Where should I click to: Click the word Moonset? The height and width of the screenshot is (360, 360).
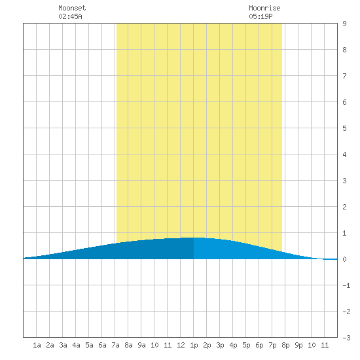click(x=72, y=8)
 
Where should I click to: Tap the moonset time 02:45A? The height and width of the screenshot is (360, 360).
click(x=70, y=16)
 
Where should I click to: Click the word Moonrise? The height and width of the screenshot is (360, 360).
click(x=264, y=8)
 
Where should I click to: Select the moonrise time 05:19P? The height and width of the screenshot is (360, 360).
click(x=261, y=16)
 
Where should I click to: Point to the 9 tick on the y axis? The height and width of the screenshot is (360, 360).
click(x=344, y=24)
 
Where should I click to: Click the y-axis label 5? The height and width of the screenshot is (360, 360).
click(x=344, y=128)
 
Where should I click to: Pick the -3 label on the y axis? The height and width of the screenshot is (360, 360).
click(x=346, y=338)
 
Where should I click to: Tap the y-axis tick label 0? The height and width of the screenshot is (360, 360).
click(x=344, y=259)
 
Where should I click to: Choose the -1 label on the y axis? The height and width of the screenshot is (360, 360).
click(x=346, y=285)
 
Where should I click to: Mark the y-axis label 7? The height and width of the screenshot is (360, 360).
click(x=344, y=76)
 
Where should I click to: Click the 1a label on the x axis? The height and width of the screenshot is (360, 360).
click(x=37, y=345)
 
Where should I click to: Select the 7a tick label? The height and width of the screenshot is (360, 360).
click(x=115, y=345)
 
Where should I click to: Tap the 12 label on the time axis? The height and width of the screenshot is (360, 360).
click(x=181, y=345)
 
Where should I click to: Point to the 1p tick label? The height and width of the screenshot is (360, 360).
click(x=194, y=345)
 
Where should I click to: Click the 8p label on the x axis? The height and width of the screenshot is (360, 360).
click(x=285, y=345)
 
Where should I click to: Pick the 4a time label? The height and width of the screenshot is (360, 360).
click(x=76, y=345)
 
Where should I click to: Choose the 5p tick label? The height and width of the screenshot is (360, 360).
click(x=246, y=345)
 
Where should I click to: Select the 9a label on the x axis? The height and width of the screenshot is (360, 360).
click(x=141, y=345)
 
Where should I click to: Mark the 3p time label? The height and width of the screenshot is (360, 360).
click(x=220, y=345)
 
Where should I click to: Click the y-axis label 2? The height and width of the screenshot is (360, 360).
click(x=344, y=207)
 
